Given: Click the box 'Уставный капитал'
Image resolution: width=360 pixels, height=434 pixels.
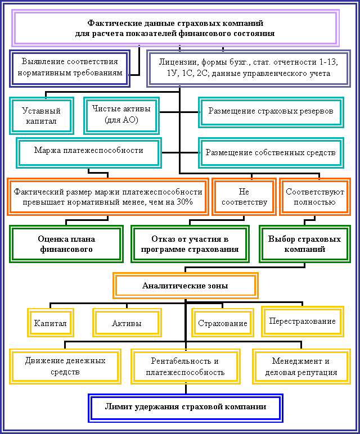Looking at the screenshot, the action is (x=42, y=116).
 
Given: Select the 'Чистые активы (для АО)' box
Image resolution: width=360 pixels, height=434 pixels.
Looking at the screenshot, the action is (x=121, y=116).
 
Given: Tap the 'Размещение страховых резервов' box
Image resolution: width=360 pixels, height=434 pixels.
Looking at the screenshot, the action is (x=271, y=112).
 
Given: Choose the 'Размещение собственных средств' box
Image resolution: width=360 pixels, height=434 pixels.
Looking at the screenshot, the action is (x=271, y=153).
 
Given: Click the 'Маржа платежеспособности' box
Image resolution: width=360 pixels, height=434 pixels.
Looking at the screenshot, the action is (x=89, y=153).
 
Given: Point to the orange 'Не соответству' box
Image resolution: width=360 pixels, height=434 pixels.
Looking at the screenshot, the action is (x=244, y=197).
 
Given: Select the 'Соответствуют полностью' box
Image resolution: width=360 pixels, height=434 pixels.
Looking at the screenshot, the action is (x=315, y=197).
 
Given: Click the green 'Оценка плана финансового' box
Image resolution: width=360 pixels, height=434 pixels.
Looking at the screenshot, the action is (x=66, y=244).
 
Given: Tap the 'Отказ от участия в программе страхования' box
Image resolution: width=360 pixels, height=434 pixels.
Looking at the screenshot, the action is (x=190, y=244).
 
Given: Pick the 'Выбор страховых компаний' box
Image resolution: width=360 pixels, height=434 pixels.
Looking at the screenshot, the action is (x=305, y=244).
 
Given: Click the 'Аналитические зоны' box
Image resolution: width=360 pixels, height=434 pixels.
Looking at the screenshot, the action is (x=186, y=286).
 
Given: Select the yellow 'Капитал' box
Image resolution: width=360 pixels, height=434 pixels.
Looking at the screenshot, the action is (x=51, y=323).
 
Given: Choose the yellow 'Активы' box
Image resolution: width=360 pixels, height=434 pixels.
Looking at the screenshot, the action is (x=127, y=323).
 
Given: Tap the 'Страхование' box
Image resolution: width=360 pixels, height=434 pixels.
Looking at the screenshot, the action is (x=223, y=323).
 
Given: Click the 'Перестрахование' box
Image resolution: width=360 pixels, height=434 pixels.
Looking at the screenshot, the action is (x=303, y=322).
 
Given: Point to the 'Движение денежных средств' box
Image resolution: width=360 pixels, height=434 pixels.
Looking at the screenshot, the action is (x=65, y=367).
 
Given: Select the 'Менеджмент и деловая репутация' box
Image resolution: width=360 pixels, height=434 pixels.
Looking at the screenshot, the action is (x=301, y=367).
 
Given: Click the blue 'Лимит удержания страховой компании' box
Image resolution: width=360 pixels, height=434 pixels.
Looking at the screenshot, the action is (x=186, y=408).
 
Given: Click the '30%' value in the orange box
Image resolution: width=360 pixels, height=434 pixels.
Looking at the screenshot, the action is (x=184, y=202).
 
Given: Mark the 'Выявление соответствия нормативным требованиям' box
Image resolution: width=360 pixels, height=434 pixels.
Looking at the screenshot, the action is (x=70, y=69).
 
